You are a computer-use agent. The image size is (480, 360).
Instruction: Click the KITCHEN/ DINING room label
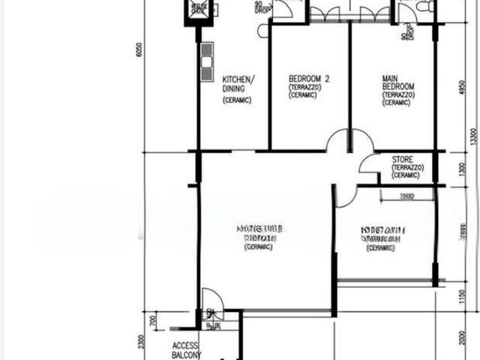pyautogui.click(x=238, y=83)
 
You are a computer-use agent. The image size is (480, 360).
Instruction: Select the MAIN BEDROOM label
pyautogui.click(x=391, y=82)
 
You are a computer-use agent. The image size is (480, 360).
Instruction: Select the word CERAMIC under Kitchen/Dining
pyautogui.click(x=237, y=100)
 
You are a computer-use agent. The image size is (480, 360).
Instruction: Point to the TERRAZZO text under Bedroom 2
pyautogui.click(x=304, y=87)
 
